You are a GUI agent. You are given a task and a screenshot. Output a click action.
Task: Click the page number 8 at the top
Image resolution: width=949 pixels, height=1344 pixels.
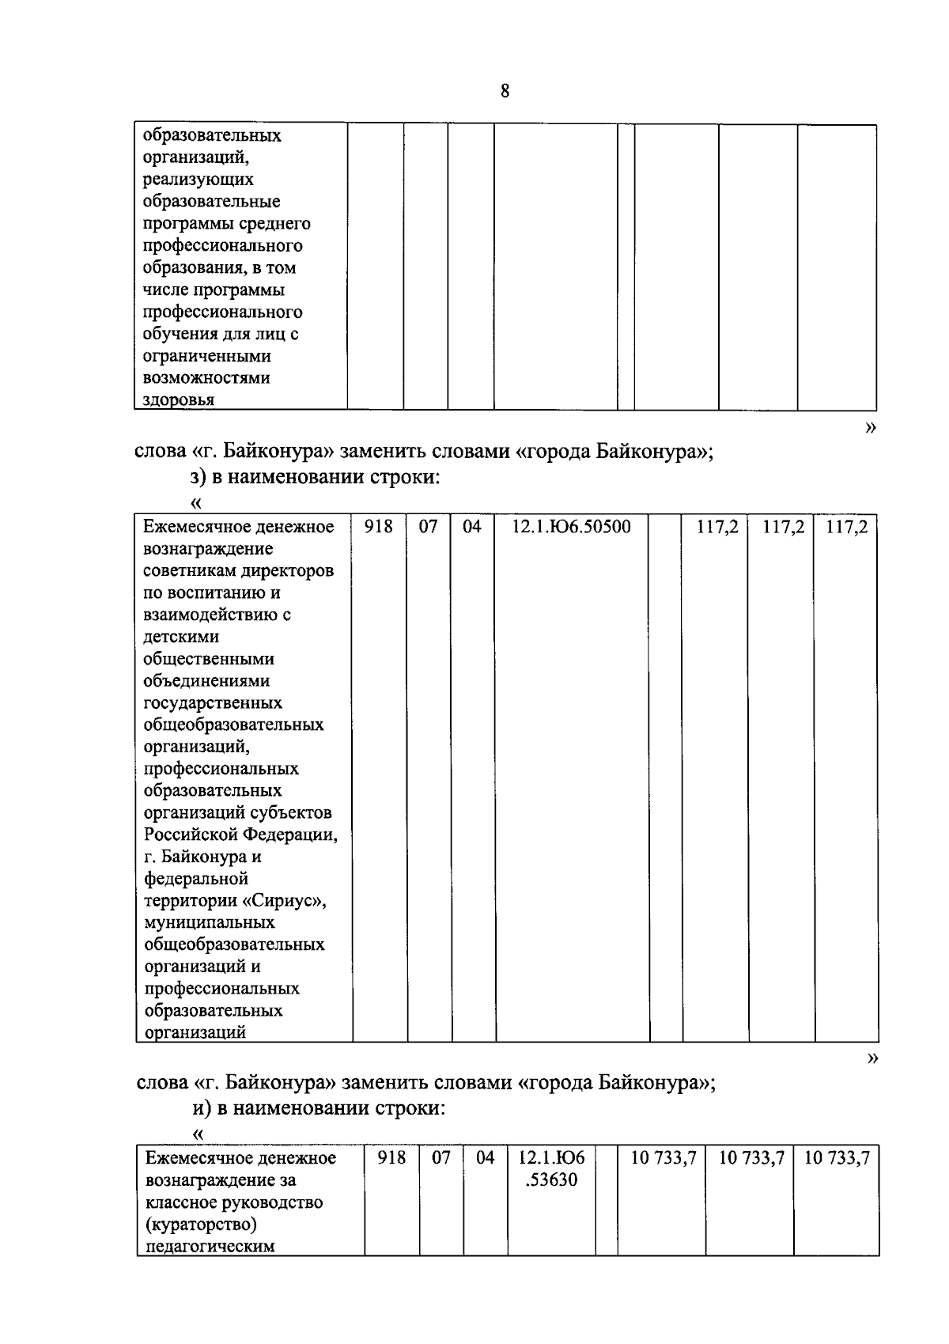(505, 91)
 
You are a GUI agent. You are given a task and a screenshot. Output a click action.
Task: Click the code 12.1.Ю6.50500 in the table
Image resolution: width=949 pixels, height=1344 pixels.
(571, 527)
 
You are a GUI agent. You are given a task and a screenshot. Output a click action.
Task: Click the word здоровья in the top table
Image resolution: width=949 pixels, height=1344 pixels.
(178, 400)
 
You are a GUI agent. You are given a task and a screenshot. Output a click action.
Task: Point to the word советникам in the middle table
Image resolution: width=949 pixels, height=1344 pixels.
(187, 570)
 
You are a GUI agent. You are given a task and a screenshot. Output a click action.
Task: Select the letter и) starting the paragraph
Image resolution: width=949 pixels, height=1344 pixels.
(202, 1108)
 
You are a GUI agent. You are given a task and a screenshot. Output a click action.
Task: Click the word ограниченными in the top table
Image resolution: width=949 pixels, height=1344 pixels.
(207, 356)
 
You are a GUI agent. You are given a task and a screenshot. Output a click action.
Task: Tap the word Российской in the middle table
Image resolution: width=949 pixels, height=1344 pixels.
(191, 835)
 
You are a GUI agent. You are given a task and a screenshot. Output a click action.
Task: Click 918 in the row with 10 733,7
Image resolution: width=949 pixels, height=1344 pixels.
(391, 1158)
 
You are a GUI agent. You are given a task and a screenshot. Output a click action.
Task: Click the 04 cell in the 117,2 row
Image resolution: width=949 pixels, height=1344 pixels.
(471, 527)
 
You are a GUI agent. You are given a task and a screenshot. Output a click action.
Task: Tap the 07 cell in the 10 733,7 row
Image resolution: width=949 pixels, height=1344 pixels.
(440, 1158)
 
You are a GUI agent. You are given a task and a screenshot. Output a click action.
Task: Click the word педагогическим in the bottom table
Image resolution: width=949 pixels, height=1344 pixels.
(210, 1247)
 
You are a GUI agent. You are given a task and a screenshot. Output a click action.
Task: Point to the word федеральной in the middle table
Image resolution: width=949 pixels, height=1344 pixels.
(196, 878)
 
